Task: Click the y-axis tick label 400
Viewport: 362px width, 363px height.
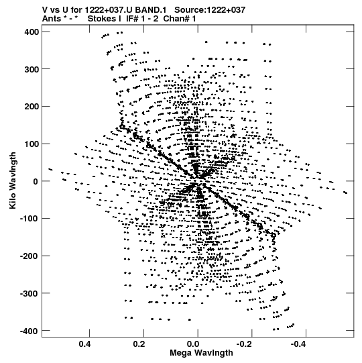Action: click(32, 32)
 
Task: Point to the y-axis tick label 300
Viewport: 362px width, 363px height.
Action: click(32, 69)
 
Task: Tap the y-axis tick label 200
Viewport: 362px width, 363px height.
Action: click(32, 107)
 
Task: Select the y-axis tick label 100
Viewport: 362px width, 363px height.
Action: click(32, 144)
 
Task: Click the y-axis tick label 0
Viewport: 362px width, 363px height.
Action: click(36, 181)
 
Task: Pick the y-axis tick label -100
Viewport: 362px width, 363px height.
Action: click(29, 219)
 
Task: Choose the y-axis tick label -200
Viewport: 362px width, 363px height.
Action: click(29, 256)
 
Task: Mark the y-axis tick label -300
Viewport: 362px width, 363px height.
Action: click(29, 293)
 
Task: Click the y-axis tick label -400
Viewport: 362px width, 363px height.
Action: click(29, 331)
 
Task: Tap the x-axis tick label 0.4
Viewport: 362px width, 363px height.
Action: click(84, 344)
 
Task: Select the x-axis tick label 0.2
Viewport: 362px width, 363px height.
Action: click(139, 344)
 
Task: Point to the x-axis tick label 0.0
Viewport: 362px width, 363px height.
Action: click(193, 344)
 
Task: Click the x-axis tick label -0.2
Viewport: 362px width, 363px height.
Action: click(245, 344)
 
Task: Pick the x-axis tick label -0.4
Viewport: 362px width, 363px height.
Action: click(299, 344)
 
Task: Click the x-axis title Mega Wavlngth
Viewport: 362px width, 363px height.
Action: click(201, 353)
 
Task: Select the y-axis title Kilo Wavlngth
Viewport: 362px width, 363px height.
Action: click(13, 180)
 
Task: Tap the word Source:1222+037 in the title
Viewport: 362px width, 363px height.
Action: click(210, 9)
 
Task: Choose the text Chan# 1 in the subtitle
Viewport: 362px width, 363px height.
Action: click(180, 19)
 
